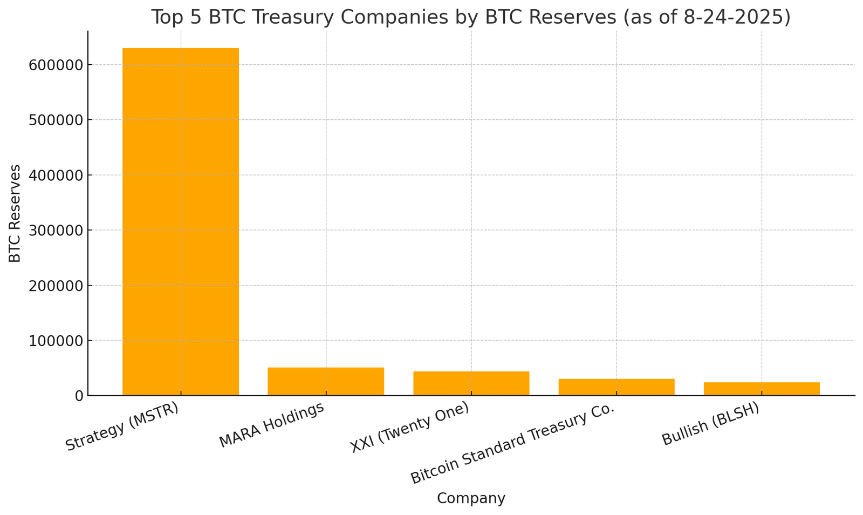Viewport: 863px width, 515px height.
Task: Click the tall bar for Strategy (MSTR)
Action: tap(181, 221)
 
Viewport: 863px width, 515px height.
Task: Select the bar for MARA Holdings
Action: tap(326, 382)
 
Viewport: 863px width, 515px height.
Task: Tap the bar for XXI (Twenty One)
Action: tap(471, 384)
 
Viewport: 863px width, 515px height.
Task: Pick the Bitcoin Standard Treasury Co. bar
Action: tap(617, 388)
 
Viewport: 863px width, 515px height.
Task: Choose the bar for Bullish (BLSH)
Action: tap(762, 389)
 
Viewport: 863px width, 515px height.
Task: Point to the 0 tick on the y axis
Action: tap(78, 396)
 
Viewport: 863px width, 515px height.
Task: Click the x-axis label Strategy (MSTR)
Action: tap(122, 426)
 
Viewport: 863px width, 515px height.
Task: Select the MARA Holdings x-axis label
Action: tap(272, 425)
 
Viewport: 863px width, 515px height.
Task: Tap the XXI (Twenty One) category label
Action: tap(410, 428)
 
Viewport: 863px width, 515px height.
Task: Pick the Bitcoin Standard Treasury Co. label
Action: tap(513, 444)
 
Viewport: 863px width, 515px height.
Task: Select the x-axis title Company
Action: tap(471, 498)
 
